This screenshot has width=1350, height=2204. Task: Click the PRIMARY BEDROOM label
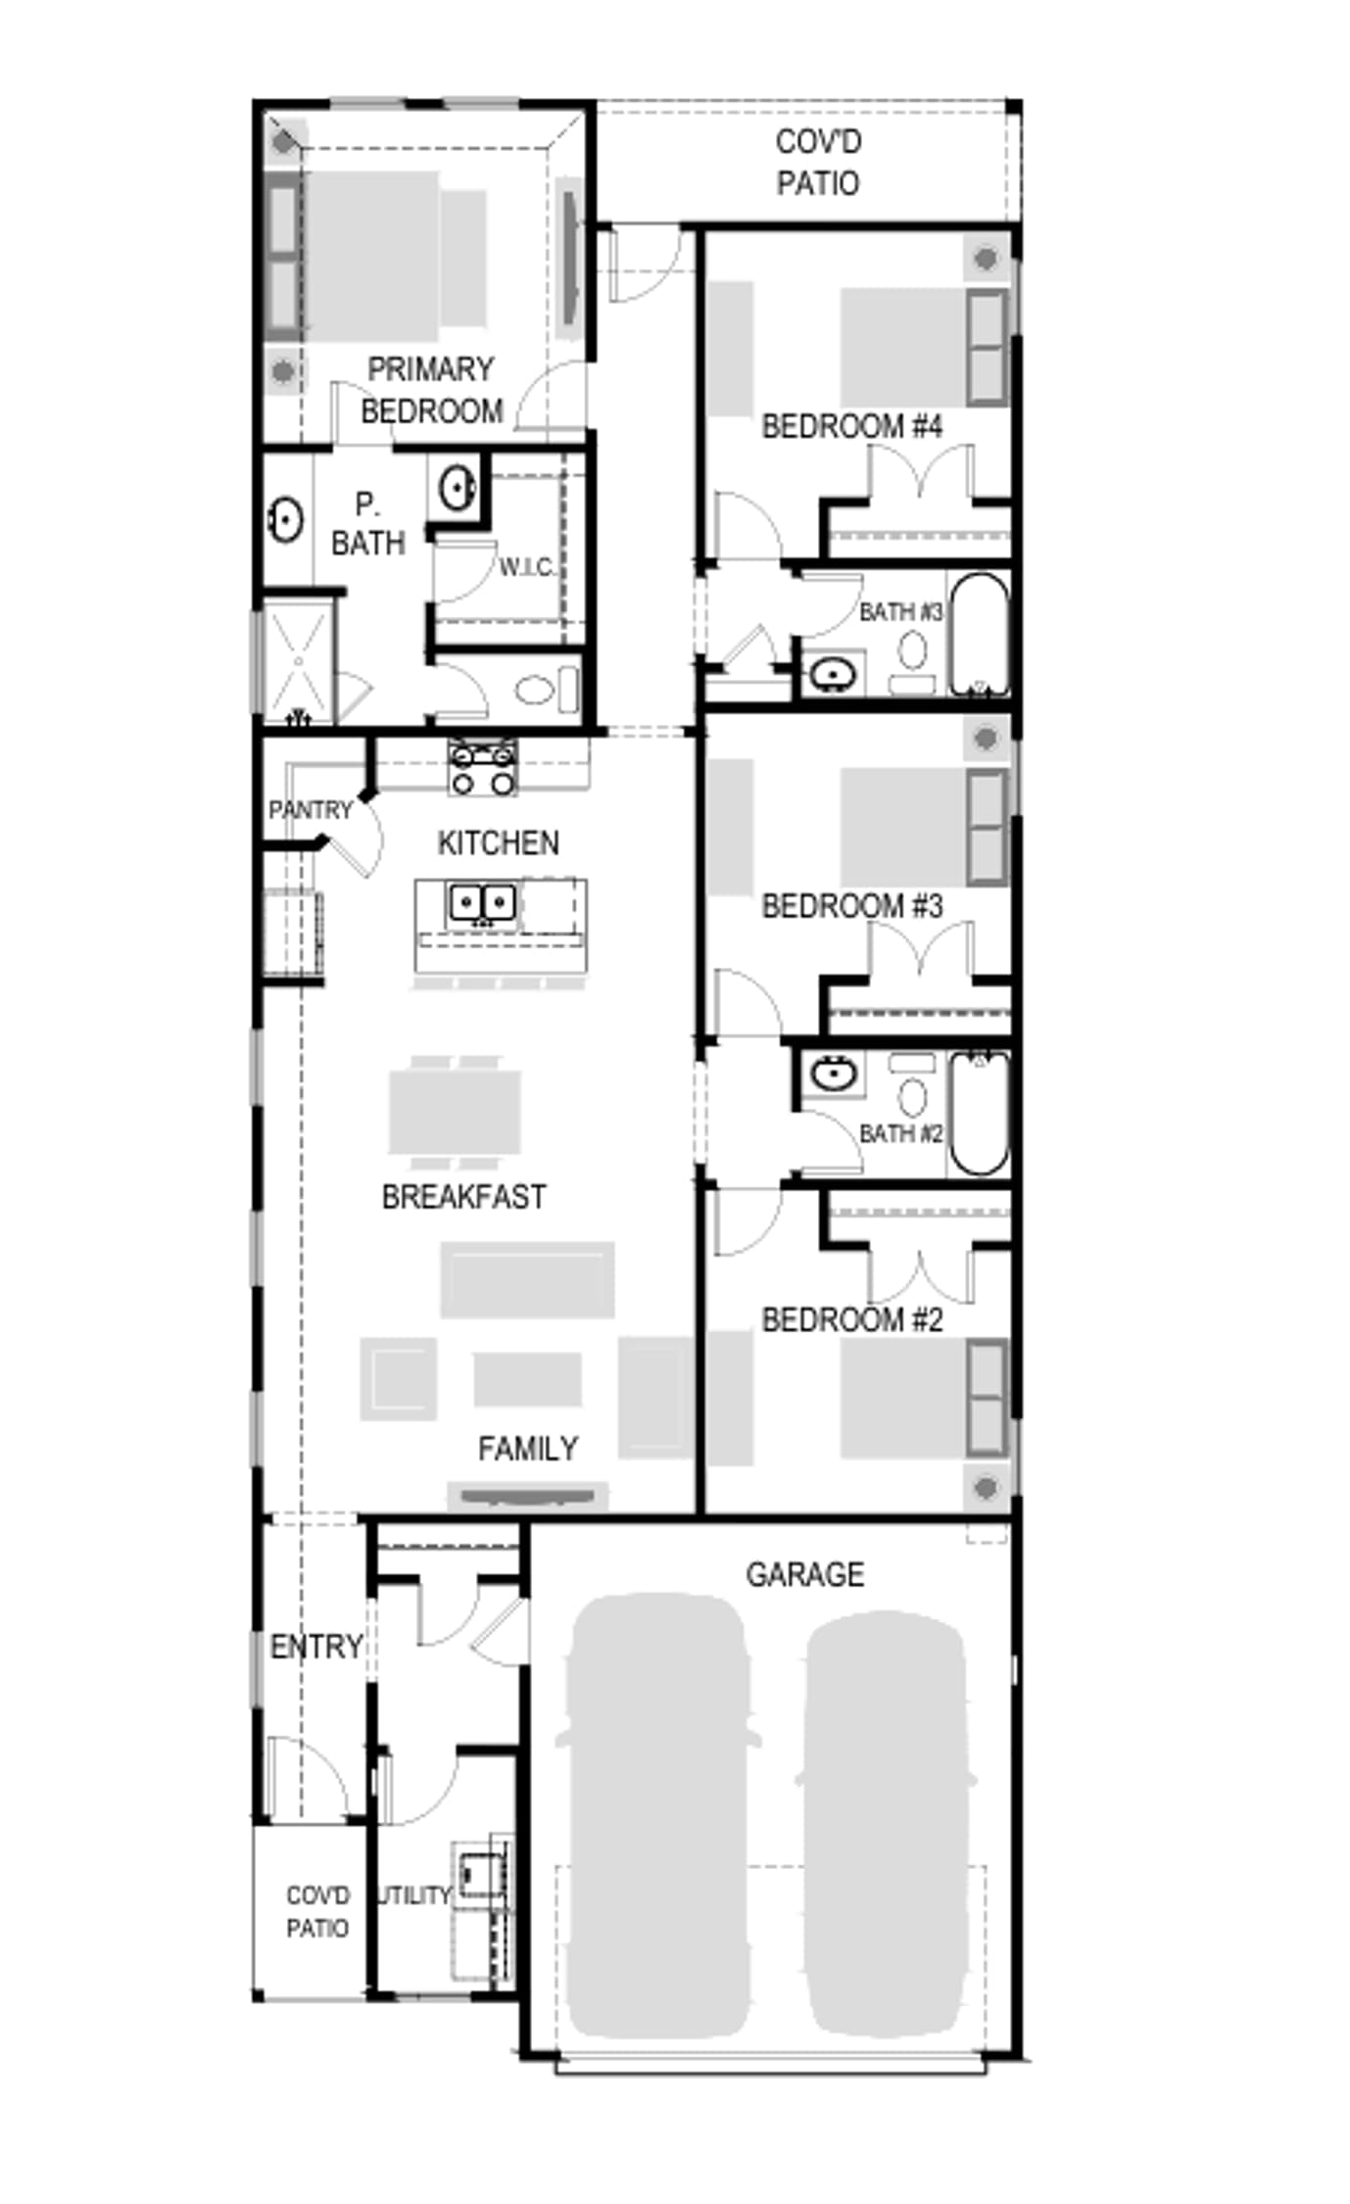(431, 390)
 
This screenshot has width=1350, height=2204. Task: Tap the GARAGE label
(804, 1574)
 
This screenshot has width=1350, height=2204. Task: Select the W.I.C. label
(527, 567)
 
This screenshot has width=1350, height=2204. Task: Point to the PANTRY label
(310, 810)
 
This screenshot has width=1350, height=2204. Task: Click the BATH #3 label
(900, 612)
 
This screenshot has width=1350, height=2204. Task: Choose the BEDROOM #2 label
(851, 1319)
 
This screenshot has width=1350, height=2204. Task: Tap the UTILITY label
(414, 1895)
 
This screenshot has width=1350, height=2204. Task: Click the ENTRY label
(316, 1647)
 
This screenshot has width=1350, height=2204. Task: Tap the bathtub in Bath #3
(979, 634)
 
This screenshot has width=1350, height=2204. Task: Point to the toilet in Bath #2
(912, 1085)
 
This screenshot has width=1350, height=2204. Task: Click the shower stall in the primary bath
(298, 661)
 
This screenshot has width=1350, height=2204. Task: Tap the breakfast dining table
(455, 1112)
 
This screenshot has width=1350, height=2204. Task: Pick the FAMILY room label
(527, 1448)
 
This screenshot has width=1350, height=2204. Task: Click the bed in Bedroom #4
(923, 347)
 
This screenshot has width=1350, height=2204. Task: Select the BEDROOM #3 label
(851, 906)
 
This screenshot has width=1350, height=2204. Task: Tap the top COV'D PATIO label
(818, 163)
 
